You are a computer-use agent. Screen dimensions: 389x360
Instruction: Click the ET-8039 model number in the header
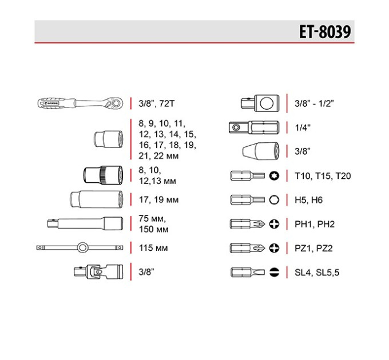tap(325, 31)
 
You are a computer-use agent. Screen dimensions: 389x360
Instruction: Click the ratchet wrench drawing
tap(81, 103)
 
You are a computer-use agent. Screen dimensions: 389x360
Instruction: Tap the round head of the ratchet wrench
tap(116, 102)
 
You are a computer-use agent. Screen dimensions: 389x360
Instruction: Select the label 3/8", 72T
tap(157, 103)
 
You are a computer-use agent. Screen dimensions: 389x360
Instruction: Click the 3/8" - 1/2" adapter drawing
tap(260, 103)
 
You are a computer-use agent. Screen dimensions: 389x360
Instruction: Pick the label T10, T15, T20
tap(323, 176)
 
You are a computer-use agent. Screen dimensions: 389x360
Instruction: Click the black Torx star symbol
tap(274, 176)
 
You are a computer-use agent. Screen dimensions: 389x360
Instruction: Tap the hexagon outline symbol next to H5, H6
tap(274, 200)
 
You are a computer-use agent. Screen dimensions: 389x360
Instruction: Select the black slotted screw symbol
tap(274, 273)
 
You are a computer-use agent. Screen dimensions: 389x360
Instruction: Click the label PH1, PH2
tap(315, 224)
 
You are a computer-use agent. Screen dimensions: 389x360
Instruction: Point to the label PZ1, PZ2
tap(313, 248)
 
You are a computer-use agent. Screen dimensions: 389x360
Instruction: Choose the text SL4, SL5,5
tap(317, 273)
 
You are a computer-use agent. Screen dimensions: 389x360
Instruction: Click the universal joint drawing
tap(98, 271)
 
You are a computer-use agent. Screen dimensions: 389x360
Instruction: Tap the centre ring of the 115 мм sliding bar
tap(82, 247)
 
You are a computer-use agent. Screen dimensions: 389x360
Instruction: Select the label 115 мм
tap(153, 248)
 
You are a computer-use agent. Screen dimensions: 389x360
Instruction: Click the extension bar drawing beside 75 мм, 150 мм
tap(85, 224)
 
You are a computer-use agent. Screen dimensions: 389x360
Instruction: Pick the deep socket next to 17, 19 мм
tap(97, 199)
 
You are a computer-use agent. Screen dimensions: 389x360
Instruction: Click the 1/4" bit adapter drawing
tap(254, 127)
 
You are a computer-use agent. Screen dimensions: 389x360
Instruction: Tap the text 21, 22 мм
tap(158, 156)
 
